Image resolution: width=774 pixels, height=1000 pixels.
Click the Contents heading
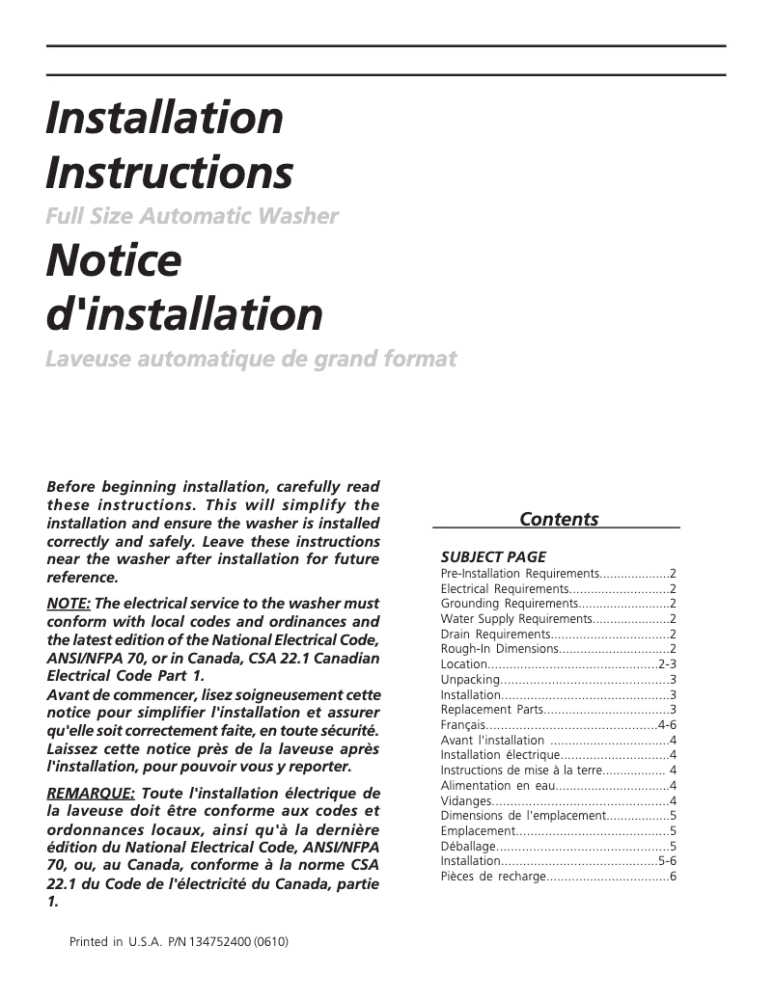coord(558,519)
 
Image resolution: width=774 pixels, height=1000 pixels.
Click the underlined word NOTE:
coord(69,604)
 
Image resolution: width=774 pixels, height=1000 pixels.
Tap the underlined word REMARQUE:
coord(91,793)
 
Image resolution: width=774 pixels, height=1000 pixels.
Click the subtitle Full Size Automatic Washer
coord(192,216)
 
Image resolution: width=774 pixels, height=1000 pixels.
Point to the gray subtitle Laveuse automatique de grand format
coord(251,360)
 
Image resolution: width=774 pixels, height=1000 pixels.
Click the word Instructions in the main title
coord(169,173)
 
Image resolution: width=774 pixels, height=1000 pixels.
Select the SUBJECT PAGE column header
coord(493,556)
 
